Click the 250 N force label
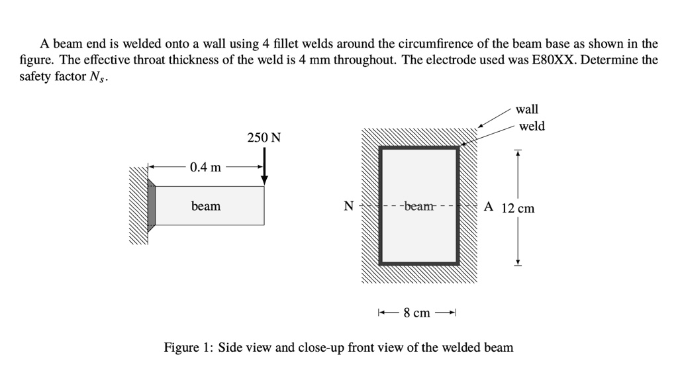264,138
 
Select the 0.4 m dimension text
205,167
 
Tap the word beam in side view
206,206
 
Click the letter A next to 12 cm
488,206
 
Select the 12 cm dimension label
518,208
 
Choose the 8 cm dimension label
417,312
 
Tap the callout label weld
532,126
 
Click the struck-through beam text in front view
418,206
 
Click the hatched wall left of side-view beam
138,205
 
